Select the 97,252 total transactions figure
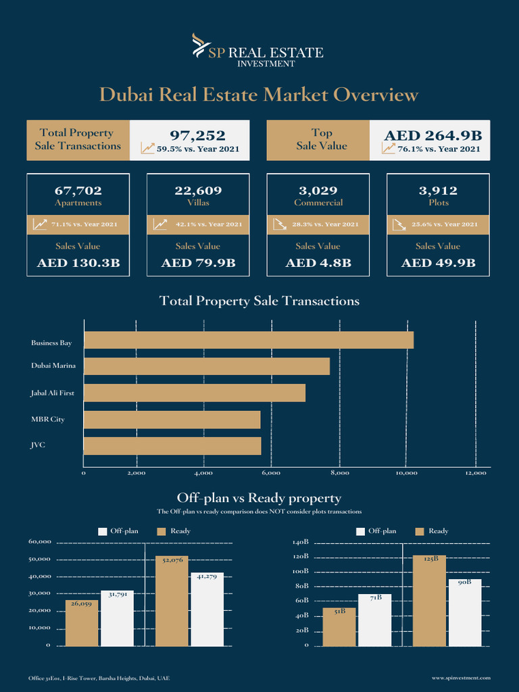[197, 136]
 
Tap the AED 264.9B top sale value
[432, 136]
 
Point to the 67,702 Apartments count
[78, 191]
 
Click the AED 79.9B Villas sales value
[198, 263]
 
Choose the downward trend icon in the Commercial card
[279, 224]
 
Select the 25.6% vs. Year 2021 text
[444, 224]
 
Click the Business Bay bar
[248, 340]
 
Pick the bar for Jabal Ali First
[194, 393]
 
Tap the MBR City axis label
[47, 420]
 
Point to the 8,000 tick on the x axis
[339, 474]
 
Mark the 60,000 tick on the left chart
[39, 542]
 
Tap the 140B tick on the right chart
[301, 542]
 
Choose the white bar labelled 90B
[465, 613]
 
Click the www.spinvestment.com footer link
[461, 677]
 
